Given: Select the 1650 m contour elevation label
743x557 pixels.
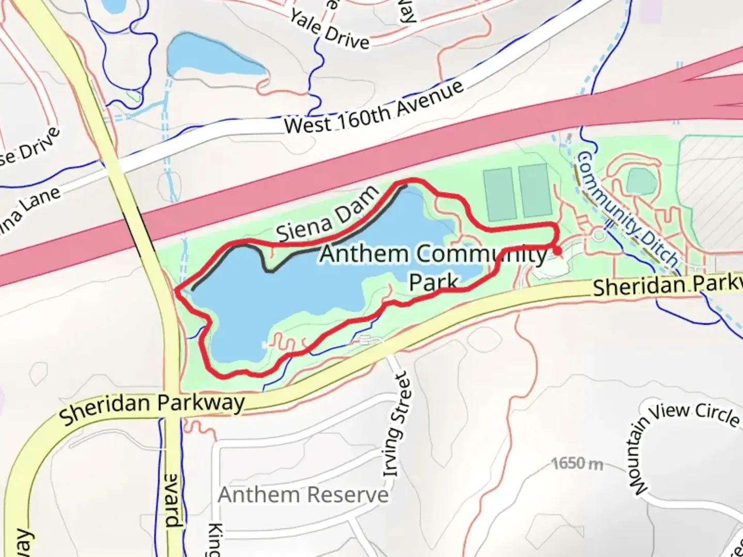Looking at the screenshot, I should coord(577,464).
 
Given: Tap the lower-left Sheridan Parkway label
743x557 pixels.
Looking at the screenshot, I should coord(152,407).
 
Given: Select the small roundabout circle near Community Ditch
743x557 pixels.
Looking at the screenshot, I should coord(599,235).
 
